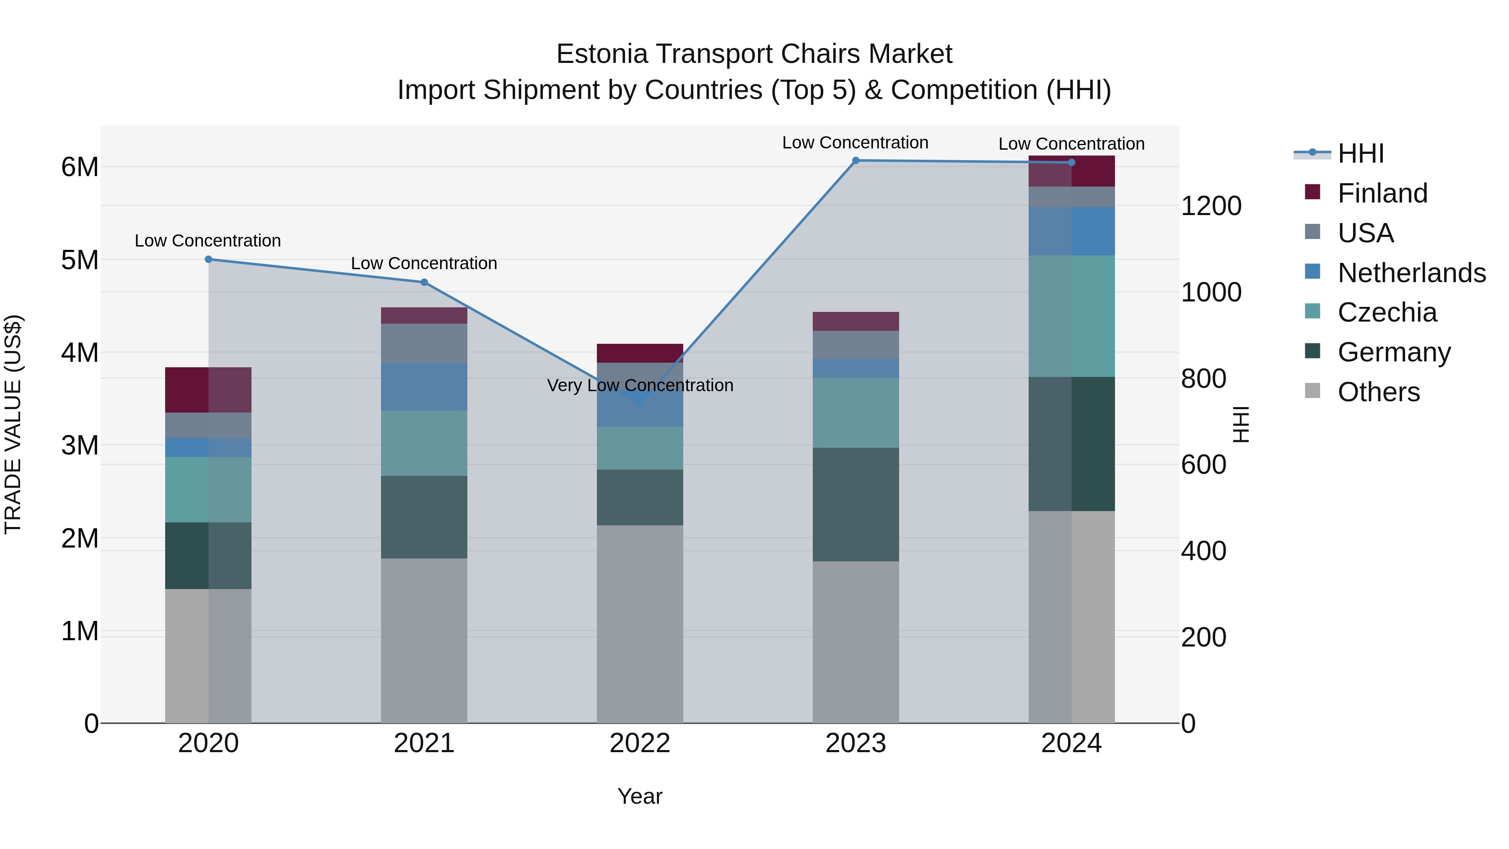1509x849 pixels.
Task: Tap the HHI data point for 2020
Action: pyautogui.click(x=209, y=260)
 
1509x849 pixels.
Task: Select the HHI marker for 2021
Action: pyautogui.click(x=424, y=283)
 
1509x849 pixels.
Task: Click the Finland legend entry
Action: pyautogui.click(x=1382, y=193)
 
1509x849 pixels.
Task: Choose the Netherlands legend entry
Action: pyautogui.click(x=1411, y=273)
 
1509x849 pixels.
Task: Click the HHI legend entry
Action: pyautogui.click(x=1360, y=153)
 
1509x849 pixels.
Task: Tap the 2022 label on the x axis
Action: pyautogui.click(x=640, y=743)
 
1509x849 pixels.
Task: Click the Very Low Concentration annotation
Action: pyautogui.click(x=640, y=386)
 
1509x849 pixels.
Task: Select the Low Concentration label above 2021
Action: pyautogui.click(x=424, y=264)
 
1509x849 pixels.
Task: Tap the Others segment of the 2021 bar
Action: pyautogui.click(x=424, y=640)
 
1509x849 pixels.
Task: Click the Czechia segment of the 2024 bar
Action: pyautogui.click(x=1071, y=317)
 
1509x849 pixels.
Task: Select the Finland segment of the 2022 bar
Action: pyautogui.click(x=640, y=353)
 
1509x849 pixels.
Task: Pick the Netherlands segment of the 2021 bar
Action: pyautogui.click(x=424, y=387)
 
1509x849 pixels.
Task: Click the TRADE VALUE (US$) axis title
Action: pyautogui.click(x=13, y=424)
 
